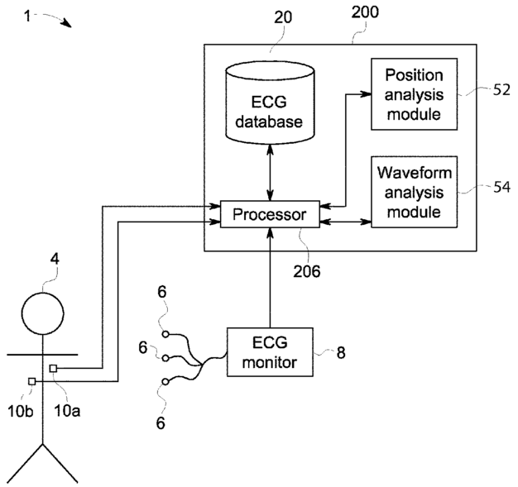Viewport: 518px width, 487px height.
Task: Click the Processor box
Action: pos(270,214)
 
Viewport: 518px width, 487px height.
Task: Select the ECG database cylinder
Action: pos(270,103)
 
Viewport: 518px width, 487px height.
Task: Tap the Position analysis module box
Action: pos(415,94)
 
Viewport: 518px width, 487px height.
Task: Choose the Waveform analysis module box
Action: pos(415,192)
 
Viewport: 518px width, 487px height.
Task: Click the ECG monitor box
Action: pos(270,352)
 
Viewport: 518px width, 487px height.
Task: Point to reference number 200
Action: pos(365,12)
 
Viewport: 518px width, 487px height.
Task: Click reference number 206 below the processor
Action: pos(307,271)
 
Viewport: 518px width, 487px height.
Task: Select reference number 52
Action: pos(501,89)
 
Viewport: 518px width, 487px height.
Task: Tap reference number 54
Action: pos(501,187)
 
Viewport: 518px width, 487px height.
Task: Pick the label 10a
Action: pos(67,411)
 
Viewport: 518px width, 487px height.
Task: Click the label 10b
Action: pos(21,411)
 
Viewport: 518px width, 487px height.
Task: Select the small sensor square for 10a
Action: pos(53,369)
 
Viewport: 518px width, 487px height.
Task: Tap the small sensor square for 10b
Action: pos(31,381)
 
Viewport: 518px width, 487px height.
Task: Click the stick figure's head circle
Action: pos(43,313)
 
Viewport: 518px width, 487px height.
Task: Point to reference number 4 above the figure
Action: pos(55,259)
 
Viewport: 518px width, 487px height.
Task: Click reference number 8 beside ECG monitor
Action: pos(341,352)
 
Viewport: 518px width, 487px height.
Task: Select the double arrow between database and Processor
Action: pos(271,172)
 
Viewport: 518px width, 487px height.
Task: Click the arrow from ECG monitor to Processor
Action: pos(271,278)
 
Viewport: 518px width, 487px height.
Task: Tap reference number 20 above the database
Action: pos(283,17)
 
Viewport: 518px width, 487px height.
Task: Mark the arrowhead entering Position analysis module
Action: pos(366,94)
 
